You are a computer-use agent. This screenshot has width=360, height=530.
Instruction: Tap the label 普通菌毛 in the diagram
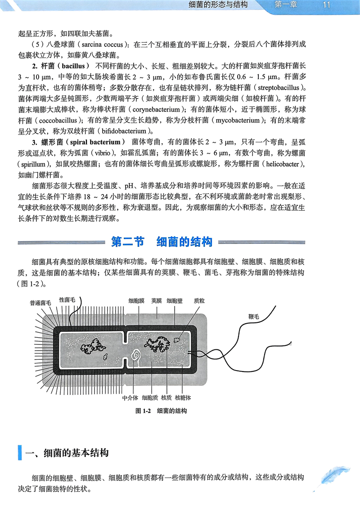click(40, 303)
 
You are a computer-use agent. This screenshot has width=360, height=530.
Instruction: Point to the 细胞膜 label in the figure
click(136, 300)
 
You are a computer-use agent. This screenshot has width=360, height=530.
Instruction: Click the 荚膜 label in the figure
click(156, 300)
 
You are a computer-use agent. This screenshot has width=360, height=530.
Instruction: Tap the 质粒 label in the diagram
click(199, 300)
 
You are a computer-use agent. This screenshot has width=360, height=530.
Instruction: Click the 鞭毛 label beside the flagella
click(254, 317)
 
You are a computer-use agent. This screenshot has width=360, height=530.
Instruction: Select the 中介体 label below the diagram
click(130, 398)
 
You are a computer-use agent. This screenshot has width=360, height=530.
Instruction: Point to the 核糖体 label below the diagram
click(183, 398)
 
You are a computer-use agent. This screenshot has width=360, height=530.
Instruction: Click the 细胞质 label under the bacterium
click(149, 398)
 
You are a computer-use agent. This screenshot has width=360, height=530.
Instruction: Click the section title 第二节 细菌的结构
click(162, 242)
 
